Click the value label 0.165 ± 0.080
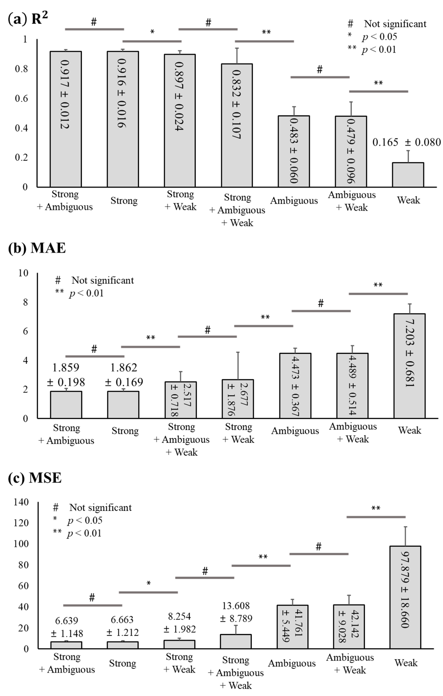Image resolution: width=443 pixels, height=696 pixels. [406, 142]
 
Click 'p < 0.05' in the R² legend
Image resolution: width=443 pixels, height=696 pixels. [379, 37]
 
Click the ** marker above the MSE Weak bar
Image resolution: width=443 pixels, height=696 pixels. [376, 508]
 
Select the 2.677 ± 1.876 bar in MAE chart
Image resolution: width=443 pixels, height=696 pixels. [238, 399]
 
